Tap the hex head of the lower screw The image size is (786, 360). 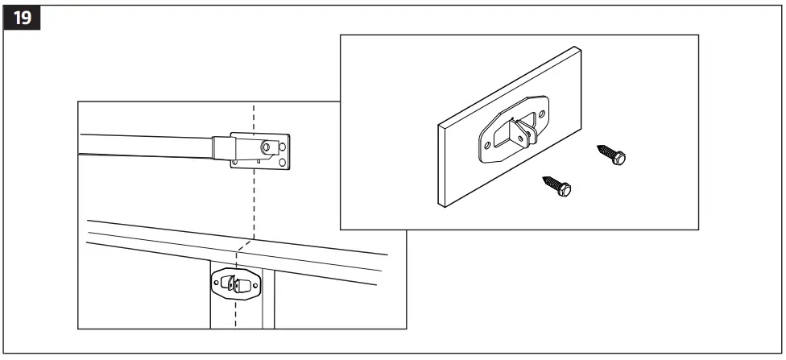coord(565,188)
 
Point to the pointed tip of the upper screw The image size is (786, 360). coord(598,147)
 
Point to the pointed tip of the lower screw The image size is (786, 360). coord(544,176)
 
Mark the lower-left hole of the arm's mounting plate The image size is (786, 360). coord(234,163)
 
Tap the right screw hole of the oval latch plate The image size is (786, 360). coord(256,284)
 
